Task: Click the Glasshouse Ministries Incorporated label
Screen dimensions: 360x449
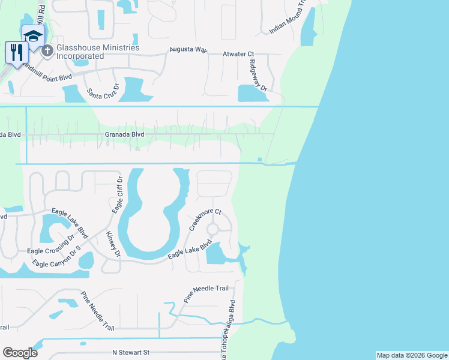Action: coord(98,52)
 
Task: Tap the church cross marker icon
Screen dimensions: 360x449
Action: coord(46,51)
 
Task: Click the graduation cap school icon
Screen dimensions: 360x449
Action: coord(32,35)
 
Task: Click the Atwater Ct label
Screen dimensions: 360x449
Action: coord(243,54)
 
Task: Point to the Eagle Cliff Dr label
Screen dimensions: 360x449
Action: coord(118,194)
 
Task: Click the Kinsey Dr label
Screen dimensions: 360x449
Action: coord(113,245)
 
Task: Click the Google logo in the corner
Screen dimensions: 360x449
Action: coord(20,353)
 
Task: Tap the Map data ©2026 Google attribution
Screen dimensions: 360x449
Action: coord(412,355)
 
